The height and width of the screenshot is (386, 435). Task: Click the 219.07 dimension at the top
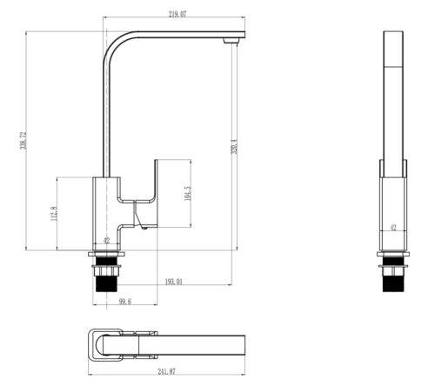pyautogui.click(x=177, y=14)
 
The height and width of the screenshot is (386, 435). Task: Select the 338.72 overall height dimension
pyautogui.click(x=23, y=141)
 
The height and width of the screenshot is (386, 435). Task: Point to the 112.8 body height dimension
pyautogui.click(x=54, y=214)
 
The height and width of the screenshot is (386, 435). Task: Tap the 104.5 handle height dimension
pyautogui.click(x=188, y=193)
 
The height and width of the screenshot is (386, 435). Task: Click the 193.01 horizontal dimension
pyautogui.click(x=174, y=282)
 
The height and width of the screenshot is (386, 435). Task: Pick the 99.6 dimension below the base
pyautogui.click(x=125, y=302)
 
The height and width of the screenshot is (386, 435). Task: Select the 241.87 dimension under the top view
pyautogui.click(x=167, y=371)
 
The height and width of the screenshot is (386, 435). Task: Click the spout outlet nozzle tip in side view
pyautogui.click(x=231, y=41)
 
